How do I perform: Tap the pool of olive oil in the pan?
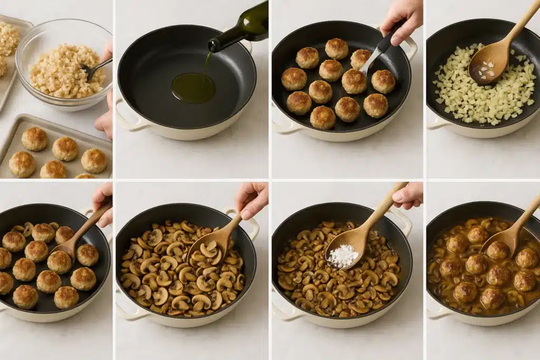193,87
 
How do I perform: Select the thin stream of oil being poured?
206,62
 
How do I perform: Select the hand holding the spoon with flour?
408,195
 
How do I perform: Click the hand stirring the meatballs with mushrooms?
102,200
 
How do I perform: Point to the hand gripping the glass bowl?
105,119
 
